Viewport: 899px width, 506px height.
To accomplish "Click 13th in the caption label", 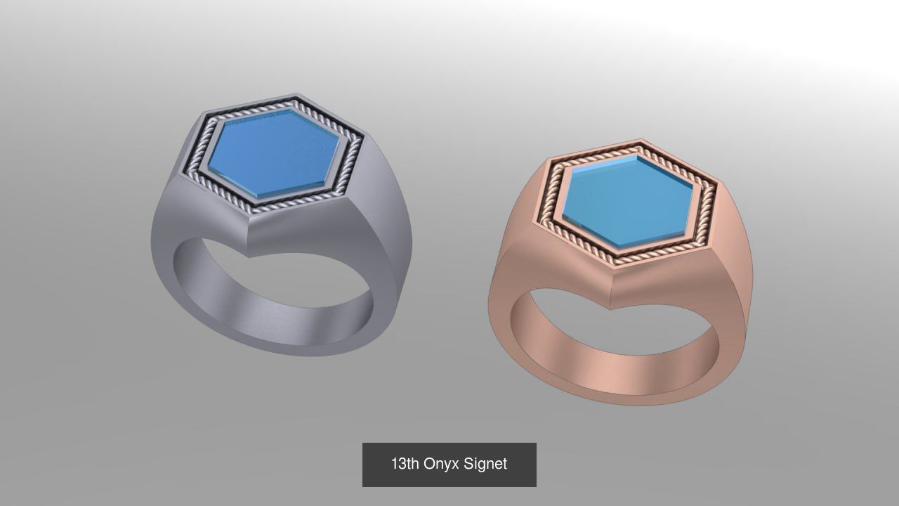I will click(x=405, y=464).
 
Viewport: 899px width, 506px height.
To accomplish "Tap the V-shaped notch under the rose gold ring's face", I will click(x=610, y=309).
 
